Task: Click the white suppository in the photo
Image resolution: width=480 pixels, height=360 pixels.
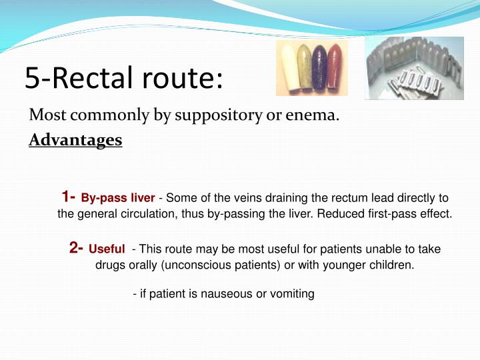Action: tap(289, 66)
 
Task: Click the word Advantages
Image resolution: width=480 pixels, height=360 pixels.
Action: tap(75, 141)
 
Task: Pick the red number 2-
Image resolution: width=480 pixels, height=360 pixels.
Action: tap(76, 248)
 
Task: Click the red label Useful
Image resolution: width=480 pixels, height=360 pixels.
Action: tap(107, 249)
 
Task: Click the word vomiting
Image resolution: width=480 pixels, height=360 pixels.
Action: tap(291, 294)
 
